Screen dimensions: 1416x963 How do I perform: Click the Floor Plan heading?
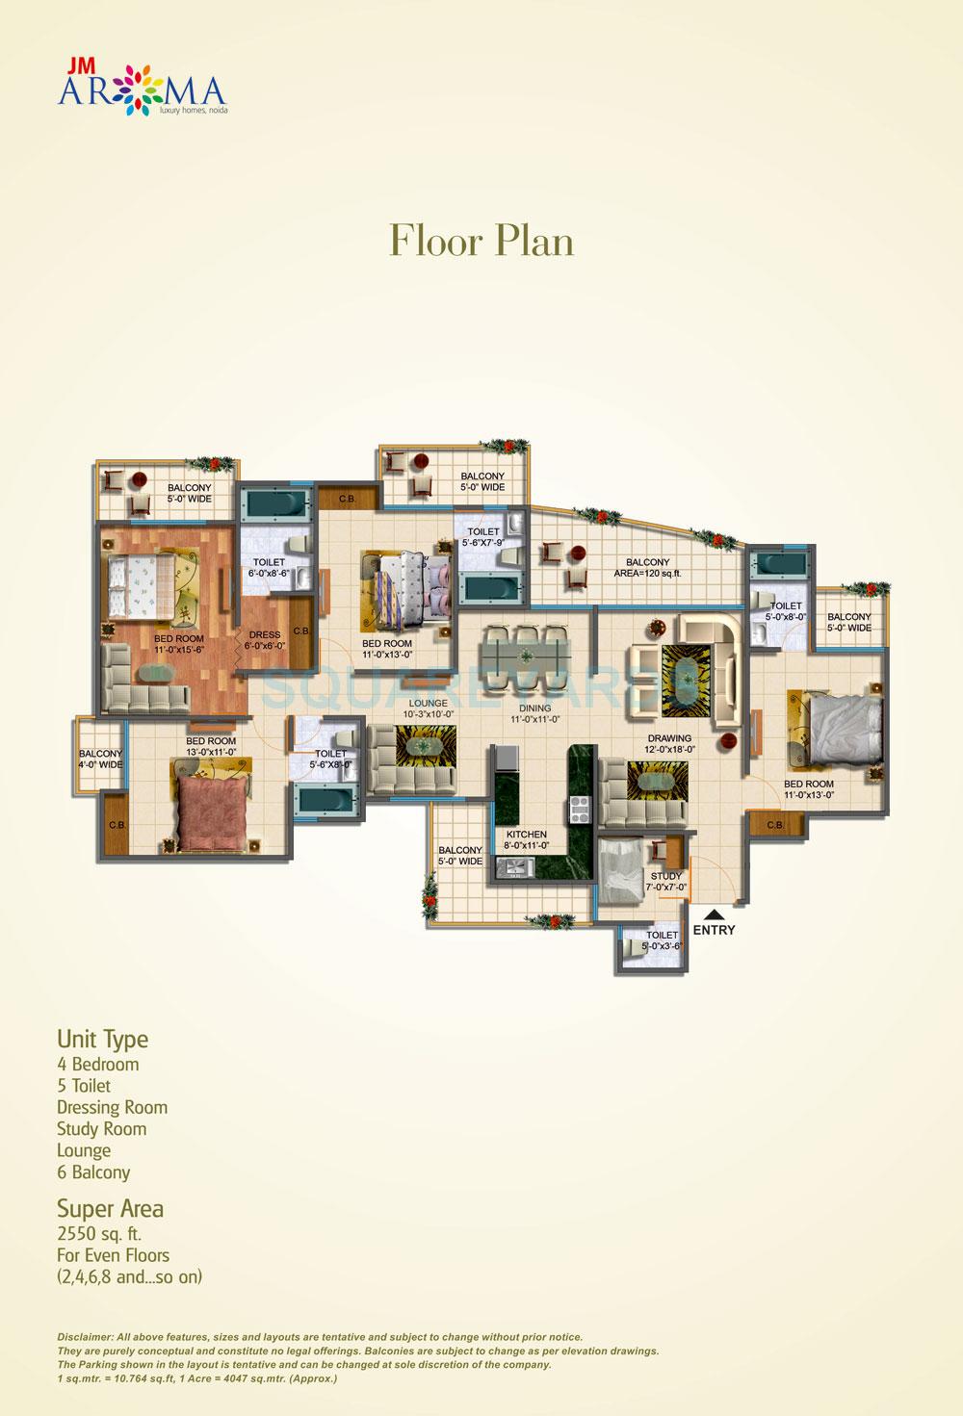point(481,241)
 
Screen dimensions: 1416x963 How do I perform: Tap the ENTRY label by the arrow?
point(714,930)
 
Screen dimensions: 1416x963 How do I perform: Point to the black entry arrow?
point(714,914)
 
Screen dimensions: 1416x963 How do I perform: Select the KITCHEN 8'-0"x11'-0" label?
point(527,839)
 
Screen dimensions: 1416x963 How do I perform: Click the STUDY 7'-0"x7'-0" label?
point(665,882)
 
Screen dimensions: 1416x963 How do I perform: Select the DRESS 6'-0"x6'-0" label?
point(264,640)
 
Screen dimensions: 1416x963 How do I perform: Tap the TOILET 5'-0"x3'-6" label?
point(662,940)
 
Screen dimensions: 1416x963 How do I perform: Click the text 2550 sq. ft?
point(99,1233)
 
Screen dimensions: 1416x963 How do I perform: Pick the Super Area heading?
point(110,1208)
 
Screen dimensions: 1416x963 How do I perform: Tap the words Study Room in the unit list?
point(102,1129)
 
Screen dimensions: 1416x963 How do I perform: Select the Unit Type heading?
point(103,1040)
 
